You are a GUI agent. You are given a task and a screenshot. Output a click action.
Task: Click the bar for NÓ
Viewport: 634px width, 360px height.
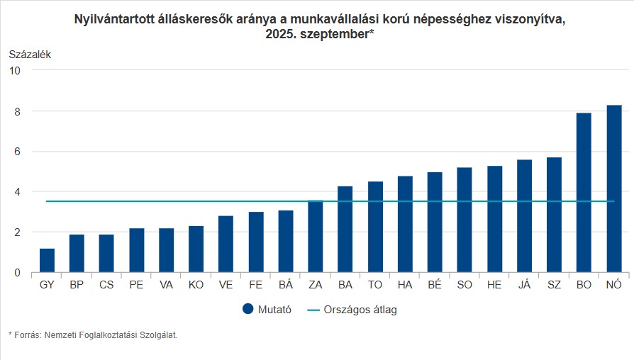(x=614, y=189)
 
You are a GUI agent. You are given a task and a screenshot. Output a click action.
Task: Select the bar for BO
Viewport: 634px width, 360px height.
(x=584, y=193)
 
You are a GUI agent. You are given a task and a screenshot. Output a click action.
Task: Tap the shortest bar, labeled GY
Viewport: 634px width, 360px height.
(x=48, y=261)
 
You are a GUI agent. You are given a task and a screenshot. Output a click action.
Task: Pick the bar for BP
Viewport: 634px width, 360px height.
(x=77, y=254)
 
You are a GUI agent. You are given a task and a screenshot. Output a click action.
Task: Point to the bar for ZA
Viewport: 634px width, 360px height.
(x=316, y=237)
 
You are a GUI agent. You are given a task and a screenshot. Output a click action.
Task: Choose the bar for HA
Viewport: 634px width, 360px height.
(x=405, y=224)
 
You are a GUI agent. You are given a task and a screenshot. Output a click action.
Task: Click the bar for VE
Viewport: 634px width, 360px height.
(x=226, y=244)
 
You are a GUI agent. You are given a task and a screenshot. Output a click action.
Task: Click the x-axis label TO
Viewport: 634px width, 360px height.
(x=375, y=285)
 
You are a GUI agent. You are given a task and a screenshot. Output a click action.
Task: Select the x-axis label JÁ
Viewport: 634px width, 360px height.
(x=524, y=285)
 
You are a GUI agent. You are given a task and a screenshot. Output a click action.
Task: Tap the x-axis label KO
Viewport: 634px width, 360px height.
(x=196, y=285)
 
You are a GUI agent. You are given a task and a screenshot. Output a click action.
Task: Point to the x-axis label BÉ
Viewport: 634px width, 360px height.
(x=435, y=285)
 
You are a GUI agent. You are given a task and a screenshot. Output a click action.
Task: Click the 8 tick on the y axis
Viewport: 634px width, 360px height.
(x=16, y=111)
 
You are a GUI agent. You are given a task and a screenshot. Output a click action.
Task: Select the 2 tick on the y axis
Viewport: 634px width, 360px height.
(x=16, y=232)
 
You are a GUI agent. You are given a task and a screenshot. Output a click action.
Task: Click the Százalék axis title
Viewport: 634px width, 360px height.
(x=30, y=54)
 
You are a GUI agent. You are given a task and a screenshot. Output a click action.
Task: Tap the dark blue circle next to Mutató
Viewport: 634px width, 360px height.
(x=248, y=309)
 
